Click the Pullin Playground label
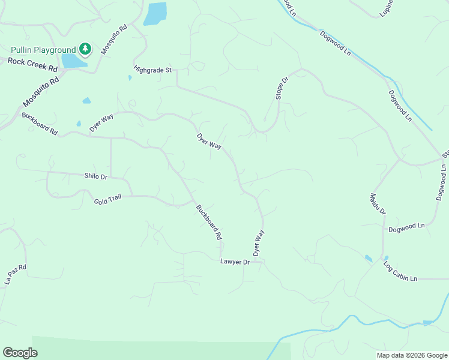pos(43,50)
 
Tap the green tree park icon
pos(85,49)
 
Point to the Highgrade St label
pos(152,70)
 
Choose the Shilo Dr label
pos(95,176)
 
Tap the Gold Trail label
pos(107,199)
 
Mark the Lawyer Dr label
pos(235,262)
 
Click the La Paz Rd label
pos(16,274)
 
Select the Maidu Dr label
pos(378,204)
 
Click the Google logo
pos(20,353)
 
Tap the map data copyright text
pos(411,355)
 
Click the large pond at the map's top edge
pos(155,14)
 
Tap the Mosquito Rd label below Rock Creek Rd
pos(40,91)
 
